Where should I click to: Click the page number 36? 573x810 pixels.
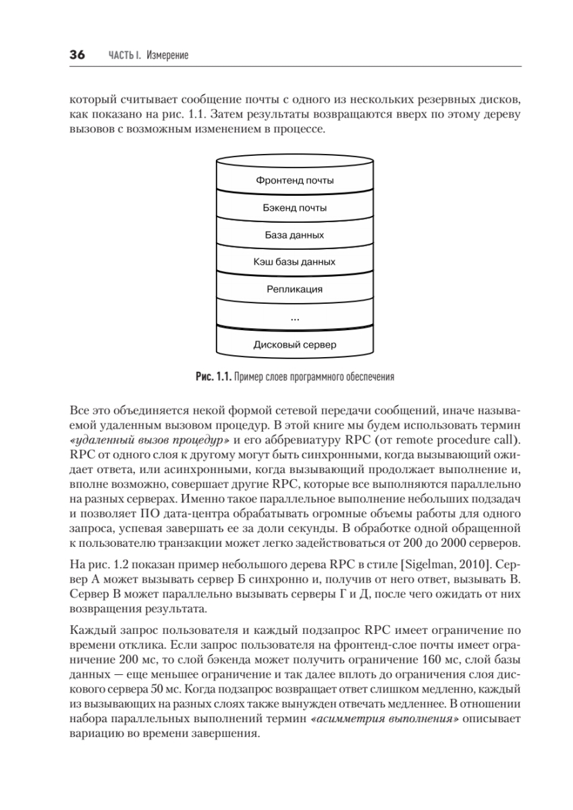click(x=76, y=55)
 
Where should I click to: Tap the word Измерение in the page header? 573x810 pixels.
click(x=166, y=56)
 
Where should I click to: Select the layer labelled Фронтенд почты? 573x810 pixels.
click(x=295, y=180)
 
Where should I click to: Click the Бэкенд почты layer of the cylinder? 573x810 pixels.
click(x=295, y=208)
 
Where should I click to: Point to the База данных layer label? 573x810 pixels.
click(x=295, y=236)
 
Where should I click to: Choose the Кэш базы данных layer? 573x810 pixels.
click(x=295, y=262)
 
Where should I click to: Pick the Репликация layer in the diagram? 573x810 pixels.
click(x=295, y=290)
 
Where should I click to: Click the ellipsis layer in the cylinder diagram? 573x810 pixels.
click(x=295, y=317)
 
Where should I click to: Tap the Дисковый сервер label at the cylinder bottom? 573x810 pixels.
click(x=295, y=344)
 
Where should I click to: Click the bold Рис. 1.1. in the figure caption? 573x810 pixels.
click(x=213, y=375)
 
